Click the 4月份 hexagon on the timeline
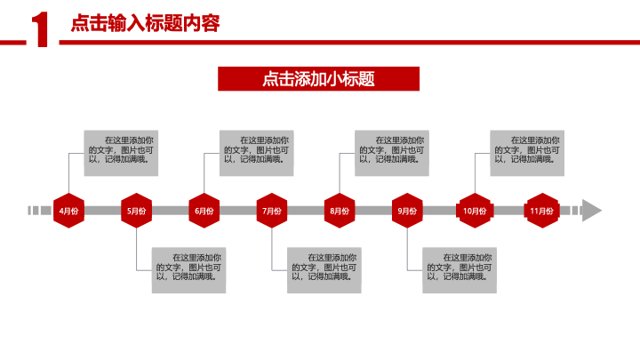tap(68, 211)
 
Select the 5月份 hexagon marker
tap(136, 211)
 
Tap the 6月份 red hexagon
tap(204, 211)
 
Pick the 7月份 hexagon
tap(272, 211)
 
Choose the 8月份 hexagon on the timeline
tap(340, 211)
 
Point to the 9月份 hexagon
tap(407, 211)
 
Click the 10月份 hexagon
tap(475, 211)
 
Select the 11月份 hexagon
tap(542, 211)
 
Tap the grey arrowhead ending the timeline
tap(591, 211)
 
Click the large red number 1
tap(40, 29)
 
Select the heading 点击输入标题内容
tap(145, 23)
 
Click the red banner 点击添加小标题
tap(318, 79)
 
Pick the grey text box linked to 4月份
tap(121, 153)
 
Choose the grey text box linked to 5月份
tap(188, 270)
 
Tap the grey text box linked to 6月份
tap(256, 153)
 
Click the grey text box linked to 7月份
tap(324, 270)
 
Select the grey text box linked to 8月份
tap(392, 153)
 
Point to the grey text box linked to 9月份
tap(460, 270)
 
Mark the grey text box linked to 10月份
tap(527, 153)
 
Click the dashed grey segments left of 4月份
tap(40, 211)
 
